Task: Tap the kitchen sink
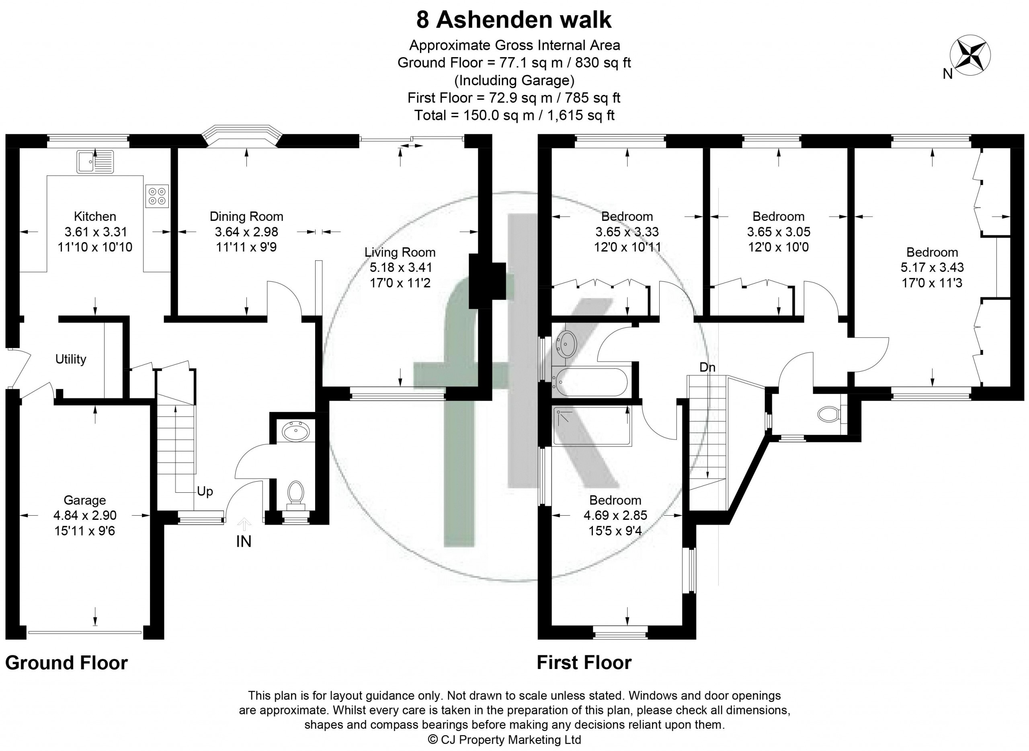coord(95,162)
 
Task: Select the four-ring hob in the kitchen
coord(157,196)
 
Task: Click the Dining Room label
coord(246,216)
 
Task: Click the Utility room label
coord(70,359)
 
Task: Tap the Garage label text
coord(84,500)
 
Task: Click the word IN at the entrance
coord(244,541)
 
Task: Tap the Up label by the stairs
coord(205,492)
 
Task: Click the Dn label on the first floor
coord(707,367)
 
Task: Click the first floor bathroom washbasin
coord(566,344)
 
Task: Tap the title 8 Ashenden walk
coord(514,20)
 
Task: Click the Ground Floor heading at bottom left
coord(66,663)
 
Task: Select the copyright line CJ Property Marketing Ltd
coord(504,740)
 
